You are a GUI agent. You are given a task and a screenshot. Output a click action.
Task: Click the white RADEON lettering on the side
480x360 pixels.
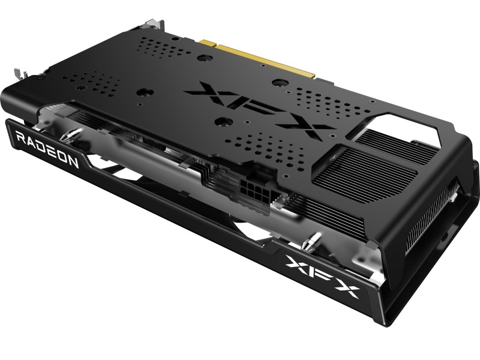[x=47, y=149]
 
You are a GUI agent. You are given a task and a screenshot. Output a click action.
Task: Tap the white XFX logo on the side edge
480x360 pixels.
[x=322, y=277]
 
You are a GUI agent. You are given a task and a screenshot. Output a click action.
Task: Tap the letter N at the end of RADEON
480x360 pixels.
[x=72, y=160]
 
